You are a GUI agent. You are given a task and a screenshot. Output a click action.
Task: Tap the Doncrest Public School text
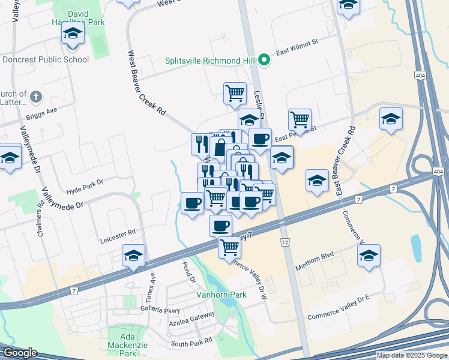point(46,59)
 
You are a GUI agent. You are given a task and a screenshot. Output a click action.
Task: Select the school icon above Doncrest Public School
point(73,33)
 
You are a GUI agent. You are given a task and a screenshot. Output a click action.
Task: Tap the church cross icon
point(36,96)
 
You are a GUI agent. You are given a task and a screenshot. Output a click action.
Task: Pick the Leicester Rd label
point(118,231)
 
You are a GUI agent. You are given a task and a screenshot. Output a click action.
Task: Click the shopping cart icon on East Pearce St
point(299,119)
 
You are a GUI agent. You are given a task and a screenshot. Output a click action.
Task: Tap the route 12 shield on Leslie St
point(285,242)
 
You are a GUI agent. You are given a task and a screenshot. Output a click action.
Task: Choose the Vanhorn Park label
point(221,295)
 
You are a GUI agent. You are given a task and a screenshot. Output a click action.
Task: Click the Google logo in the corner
point(20,353)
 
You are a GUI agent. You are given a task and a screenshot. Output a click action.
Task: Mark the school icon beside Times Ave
point(133,256)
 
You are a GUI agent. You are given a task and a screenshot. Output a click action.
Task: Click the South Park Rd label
point(191,342)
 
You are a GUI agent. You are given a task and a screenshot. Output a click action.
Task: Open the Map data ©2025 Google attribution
point(411,355)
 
